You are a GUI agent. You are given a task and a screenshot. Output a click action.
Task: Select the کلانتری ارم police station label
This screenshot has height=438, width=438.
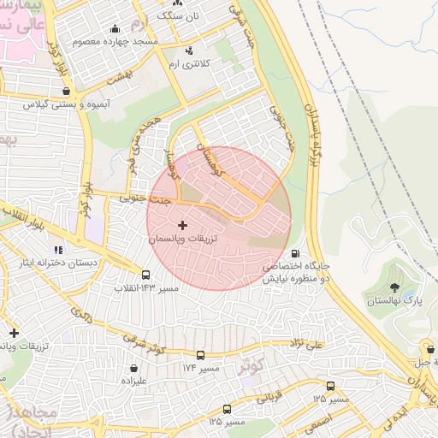[187, 64]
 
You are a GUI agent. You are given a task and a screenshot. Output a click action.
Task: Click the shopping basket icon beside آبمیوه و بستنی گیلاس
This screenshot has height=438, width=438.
[66, 89]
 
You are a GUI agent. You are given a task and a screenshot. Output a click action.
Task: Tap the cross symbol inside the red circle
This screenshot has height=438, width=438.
[181, 225]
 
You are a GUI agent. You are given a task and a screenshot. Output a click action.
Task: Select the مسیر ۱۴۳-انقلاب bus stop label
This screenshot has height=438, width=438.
[147, 289]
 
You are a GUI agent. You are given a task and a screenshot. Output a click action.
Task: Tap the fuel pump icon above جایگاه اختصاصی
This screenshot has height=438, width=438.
[295, 253]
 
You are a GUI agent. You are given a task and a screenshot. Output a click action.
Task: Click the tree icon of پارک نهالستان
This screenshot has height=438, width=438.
[394, 287]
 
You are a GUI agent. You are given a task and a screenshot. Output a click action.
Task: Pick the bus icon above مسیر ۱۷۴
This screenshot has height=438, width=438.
[200, 355]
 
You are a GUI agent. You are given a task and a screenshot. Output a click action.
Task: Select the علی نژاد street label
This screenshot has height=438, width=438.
[307, 344]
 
